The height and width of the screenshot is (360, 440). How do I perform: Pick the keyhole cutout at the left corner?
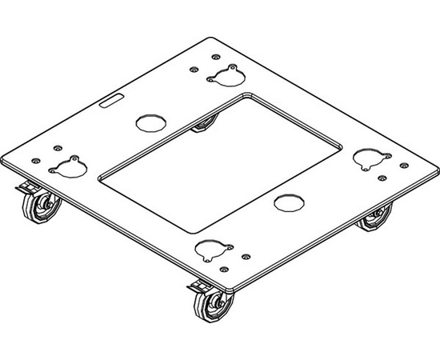pos(66,166)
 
